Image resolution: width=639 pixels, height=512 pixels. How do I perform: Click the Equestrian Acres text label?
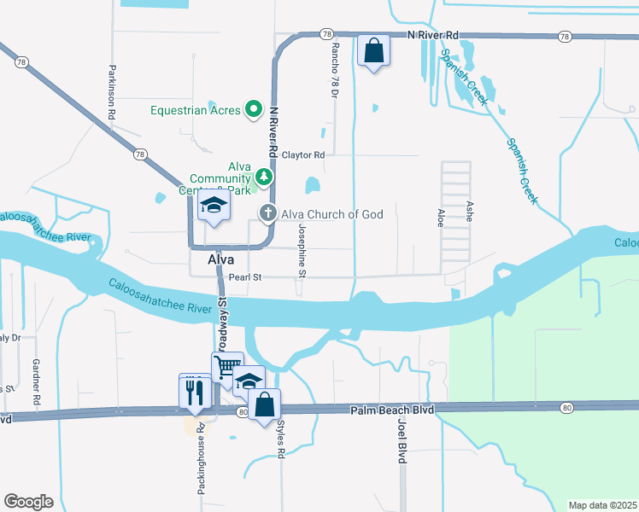[x=196, y=110]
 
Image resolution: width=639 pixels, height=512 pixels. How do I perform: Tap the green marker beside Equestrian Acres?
[x=254, y=109]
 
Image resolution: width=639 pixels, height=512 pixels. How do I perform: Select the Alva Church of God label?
[x=332, y=213]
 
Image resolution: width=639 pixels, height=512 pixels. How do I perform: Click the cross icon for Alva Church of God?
[x=267, y=213]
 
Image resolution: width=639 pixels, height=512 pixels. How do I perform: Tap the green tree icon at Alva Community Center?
[x=264, y=177]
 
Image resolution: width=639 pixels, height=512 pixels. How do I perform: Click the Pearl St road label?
[x=244, y=277]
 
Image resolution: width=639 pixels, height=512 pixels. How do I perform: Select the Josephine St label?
[x=302, y=251]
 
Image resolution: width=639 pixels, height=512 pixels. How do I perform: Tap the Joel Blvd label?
[x=401, y=444]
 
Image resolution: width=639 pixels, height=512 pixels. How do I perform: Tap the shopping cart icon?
[x=227, y=368]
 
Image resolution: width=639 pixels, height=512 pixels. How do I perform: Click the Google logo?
[x=28, y=502]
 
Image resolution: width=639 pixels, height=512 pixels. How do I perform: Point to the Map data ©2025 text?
[x=601, y=505]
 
